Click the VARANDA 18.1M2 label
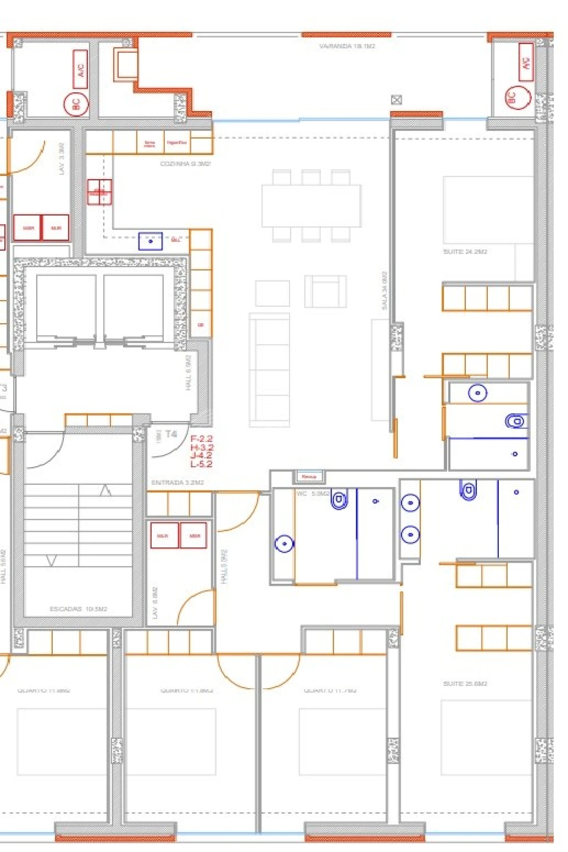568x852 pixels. [x=347, y=46]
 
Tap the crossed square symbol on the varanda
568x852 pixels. [x=396, y=100]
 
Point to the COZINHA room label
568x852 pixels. [x=185, y=164]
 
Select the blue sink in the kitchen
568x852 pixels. [x=150, y=241]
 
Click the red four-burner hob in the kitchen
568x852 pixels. [x=99, y=192]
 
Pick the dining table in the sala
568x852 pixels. [x=311, y=206]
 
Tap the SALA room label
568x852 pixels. [x=384, y=291]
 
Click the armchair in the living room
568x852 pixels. [x=325, y=291]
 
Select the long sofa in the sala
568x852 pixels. [x=269, y=370]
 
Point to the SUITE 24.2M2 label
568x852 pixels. [x=465, y=252]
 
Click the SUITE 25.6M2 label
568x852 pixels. [x=465, y=684]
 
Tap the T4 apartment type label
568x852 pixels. [x=171, y=434]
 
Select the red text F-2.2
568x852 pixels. [x=201, y=439]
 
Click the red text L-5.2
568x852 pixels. [x=201, y=464]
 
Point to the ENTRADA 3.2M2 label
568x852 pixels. [x=177, y=483]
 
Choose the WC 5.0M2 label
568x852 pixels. [x=313, y=494]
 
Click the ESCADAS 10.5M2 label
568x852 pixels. [x=79, y=609]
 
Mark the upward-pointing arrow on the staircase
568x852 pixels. [x=105, y=491]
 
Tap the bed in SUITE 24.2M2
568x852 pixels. [x=488, y=210]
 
